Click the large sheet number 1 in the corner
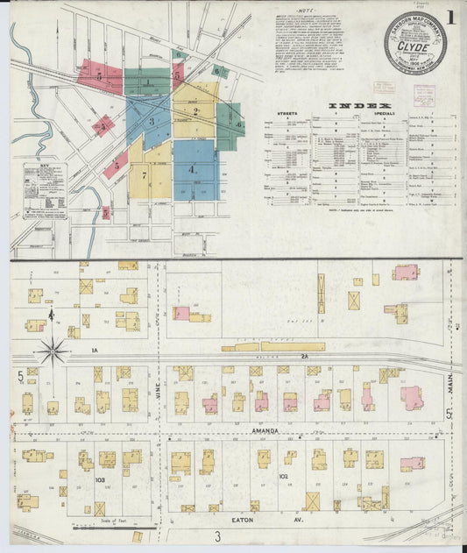pos(450,17)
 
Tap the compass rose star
pos(53,352)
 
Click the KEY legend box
pos(46,189)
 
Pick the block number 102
pos(283,476)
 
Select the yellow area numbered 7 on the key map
pos(143,175)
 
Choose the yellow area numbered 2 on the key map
pos(196,111)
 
